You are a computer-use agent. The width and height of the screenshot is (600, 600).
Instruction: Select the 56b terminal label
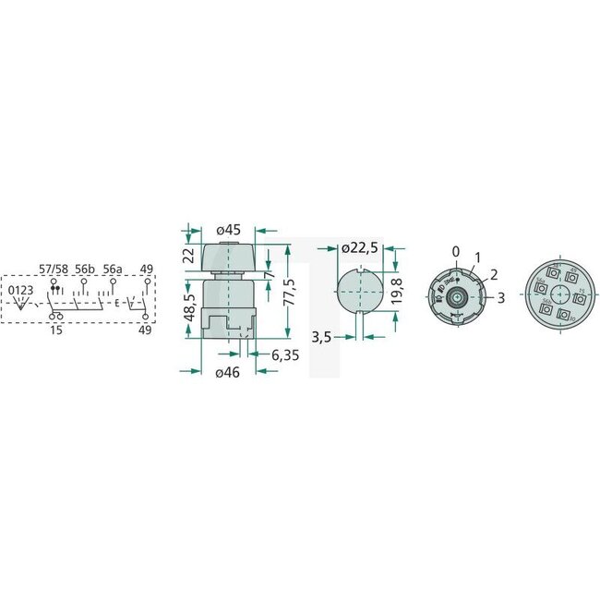pyautogui.click(x=85, y=269)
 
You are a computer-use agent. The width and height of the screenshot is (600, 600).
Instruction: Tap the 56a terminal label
pyautogui.click(x=113, y=269)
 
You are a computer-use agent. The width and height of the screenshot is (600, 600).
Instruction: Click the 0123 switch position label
pyautogui.click(x=22, y=290)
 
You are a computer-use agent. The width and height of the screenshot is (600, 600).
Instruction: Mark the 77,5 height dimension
pyautogui.click(x=289, y=292)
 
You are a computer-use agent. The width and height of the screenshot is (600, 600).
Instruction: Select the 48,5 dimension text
pyautogui.click(x=190, y=307)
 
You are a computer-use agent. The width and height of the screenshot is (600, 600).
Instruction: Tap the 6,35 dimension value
pyautogui.click(x=284, y=354)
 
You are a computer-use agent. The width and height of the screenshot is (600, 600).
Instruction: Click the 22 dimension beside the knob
pyautogui.click(x=190, y=256)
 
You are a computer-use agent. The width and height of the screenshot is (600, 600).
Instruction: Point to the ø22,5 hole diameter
pyautogui.click(x=358, y=248)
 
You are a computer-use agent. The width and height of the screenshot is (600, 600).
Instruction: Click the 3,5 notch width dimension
pyautogui.click(x=321, y=338)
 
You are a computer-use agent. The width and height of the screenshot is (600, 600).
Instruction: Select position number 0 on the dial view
pyautogui.click(x=454, y=251)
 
